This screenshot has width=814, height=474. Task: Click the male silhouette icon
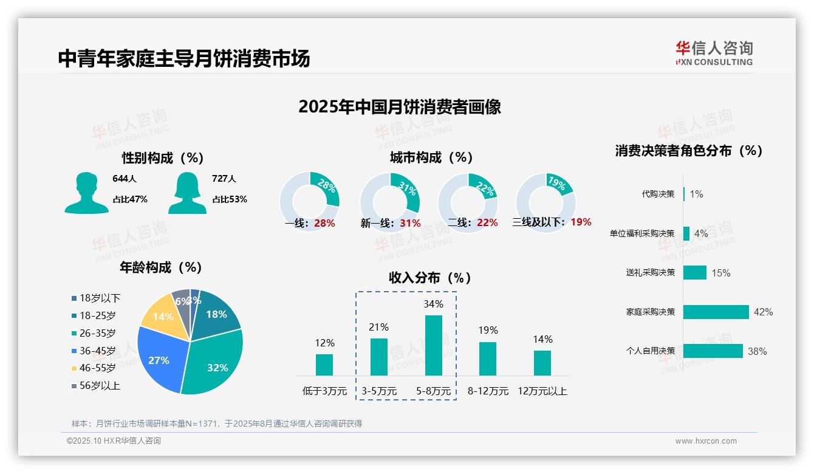pyautogui.click(x=86, y=193)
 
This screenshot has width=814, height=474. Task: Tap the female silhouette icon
pyautogui.click(x=187, y=193)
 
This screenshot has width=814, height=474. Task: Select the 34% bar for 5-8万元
pyautogui.click(x=433, y=345)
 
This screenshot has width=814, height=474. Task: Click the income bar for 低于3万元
pyautogui.click(x=324, y=365)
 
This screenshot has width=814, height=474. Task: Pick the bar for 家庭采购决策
pyautogui.click(x=716, y=312)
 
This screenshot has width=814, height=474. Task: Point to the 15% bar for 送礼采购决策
pyautogui.click(x=694, y=273)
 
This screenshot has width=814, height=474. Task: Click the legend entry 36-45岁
pyautogui.click(x=97, y=351)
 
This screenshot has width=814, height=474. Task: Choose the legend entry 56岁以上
pyautogui.click(x=100, y=386)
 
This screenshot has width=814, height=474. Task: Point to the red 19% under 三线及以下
pyautogui.click(x=581, y=222)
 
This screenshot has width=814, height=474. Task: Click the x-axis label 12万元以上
pyautogui.click(x=542, y=391)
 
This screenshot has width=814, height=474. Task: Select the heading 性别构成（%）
pyautogui.click(x=162, y=158)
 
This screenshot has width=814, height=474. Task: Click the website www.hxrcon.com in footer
pyautogui.click(x=706, y=441)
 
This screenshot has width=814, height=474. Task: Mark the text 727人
pyautogui.click(x=224, y=179)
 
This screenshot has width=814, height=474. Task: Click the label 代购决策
pyautogui.click(x=658, y=194)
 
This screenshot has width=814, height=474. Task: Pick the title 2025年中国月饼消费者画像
pyautogui.click(x=399, y=107)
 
